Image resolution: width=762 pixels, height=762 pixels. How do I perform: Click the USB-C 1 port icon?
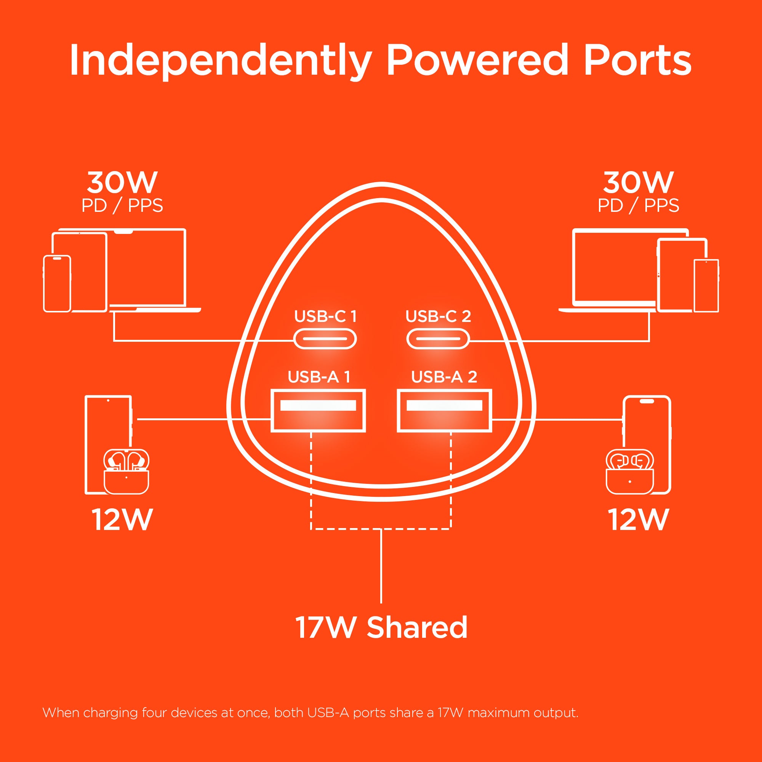pyautogui.click(x=325, y=339)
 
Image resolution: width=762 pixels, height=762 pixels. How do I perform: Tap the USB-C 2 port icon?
pyautogui.click(x=438, y=339)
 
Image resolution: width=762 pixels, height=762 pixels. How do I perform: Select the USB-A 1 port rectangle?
pyautogui.click(x=318, y=410)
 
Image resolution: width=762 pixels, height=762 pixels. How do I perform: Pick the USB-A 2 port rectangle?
pyautogui.click(x=445, y=410)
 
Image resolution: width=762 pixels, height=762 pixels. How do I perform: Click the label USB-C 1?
pyautogui.click(x=325, y=316)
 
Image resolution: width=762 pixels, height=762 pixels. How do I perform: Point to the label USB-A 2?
pyautogui.click(x=444, y=377)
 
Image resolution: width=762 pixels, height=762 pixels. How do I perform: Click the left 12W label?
pyautogui.click(x=122, y=519)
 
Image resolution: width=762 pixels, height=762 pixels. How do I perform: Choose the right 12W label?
pyautogui.click(x=639, y=519)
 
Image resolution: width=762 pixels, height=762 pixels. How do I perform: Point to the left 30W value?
pyautogui.click(x=122, y=182)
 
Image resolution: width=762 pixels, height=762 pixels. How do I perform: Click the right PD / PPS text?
pyautogui.click(x=639, y=205)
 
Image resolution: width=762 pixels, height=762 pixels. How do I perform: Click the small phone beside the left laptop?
pyautogui.click(x=57, y=283)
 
